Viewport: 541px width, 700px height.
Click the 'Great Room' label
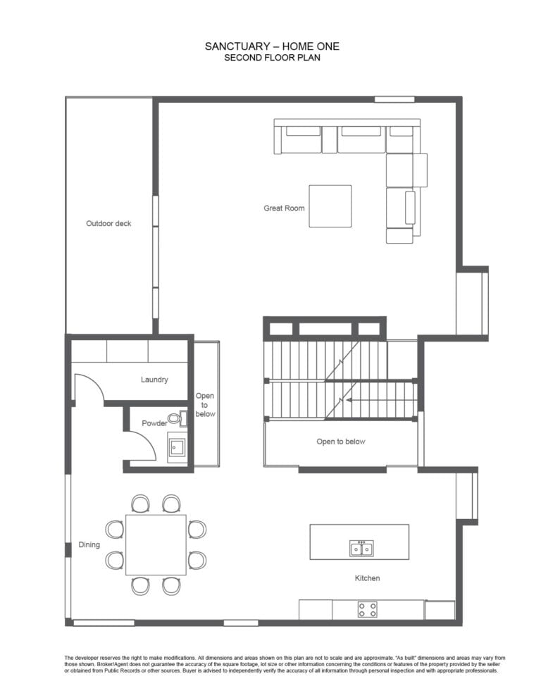coord(284,208)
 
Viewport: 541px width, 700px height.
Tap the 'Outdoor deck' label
coord(108,223)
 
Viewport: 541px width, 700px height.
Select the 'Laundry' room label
coord(154,380)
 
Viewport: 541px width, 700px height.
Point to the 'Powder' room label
coord(154,423)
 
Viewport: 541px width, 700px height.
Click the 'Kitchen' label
coord(367,578)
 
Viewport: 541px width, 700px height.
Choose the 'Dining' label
coord(89,544)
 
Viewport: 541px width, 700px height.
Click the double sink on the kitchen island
coord(361,548)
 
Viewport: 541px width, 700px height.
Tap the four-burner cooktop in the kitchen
coord(367,609)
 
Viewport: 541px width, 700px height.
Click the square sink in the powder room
coord(178,447)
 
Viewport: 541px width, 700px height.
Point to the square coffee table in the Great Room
coord(330,206)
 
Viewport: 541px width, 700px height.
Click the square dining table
coord(156,544)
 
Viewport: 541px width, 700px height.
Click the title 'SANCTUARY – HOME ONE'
coord(272,46)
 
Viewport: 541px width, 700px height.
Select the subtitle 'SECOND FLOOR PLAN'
coord(272,58)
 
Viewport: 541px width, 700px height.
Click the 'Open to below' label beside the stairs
coord(341,442)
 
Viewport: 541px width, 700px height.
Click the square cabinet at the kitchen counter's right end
coord(440,611)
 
